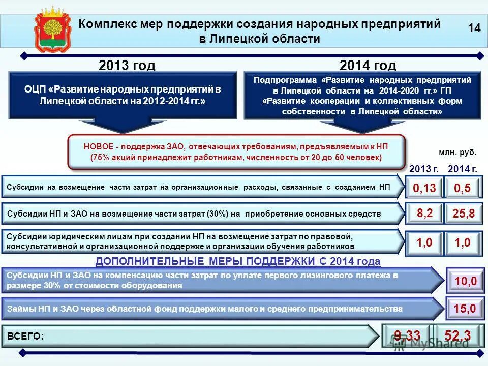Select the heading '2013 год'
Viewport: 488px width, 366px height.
tap(127, 66)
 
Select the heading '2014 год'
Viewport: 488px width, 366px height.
tap(368, 66)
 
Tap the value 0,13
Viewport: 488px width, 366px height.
tap(424, 189)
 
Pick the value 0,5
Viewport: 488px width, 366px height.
tap(462, 189)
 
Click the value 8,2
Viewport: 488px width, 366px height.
tap(424, 213)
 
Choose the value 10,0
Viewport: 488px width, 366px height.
tap(465, 281)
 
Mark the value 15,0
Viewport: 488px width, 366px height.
tap(465, 308)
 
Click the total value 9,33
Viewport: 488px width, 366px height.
tap(407, 335)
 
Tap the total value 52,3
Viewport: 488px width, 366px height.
tap(457, 335)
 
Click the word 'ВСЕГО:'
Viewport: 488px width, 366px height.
tap(25, 336)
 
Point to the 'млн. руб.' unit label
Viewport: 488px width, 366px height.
tap(457, 152)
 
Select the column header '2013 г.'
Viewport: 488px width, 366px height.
tap(424, 169)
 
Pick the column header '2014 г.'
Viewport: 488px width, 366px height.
tap(462, 169)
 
